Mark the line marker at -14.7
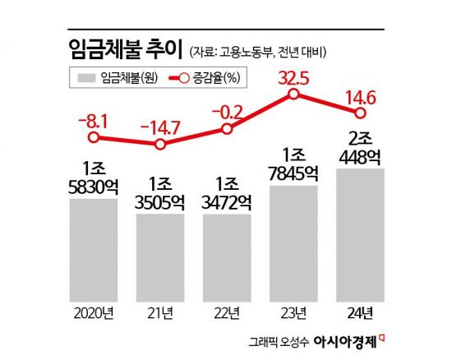[160, 145]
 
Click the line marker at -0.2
[228, 129]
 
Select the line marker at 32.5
[293, 95]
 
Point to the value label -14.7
[161, 127]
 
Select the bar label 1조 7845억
[293, 163]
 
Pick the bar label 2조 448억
[360, 146]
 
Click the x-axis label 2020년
[94, 313]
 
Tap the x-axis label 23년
[293, 313]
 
